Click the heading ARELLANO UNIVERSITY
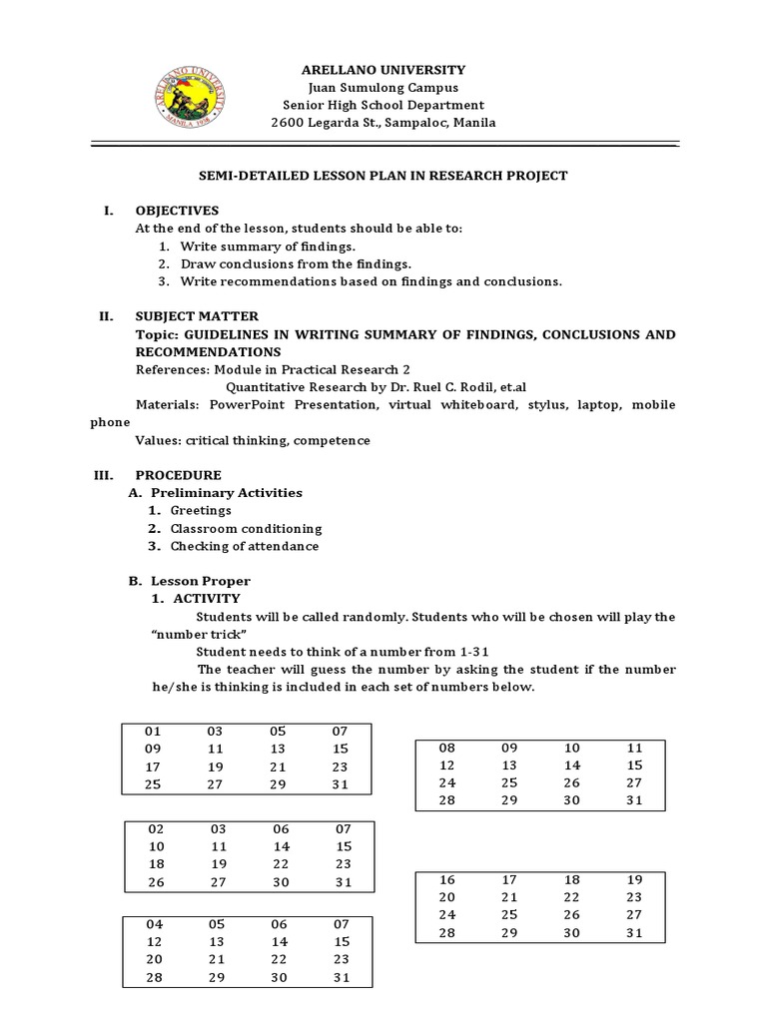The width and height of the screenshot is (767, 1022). coord(383,69)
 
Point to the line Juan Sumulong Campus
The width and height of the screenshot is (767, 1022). coord(383,87)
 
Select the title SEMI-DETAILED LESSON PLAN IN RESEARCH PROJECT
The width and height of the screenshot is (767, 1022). coord(383,176)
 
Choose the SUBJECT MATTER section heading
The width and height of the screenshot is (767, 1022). coord(197,316)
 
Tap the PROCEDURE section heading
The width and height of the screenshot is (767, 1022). coord(179,475)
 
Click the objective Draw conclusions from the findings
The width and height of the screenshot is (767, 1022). coord(296,263)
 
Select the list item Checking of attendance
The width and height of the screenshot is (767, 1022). coord(245,546)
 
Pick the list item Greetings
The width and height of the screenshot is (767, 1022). coord(201,510)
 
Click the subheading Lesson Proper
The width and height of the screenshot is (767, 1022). coord(201,581)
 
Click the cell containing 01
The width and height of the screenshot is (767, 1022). coord(153,732)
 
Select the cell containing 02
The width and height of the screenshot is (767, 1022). coord(155,828)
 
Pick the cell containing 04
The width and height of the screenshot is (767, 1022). coord(154,924)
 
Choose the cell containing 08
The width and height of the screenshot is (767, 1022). coord(446,748)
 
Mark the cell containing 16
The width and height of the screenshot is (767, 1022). coord(446,879)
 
